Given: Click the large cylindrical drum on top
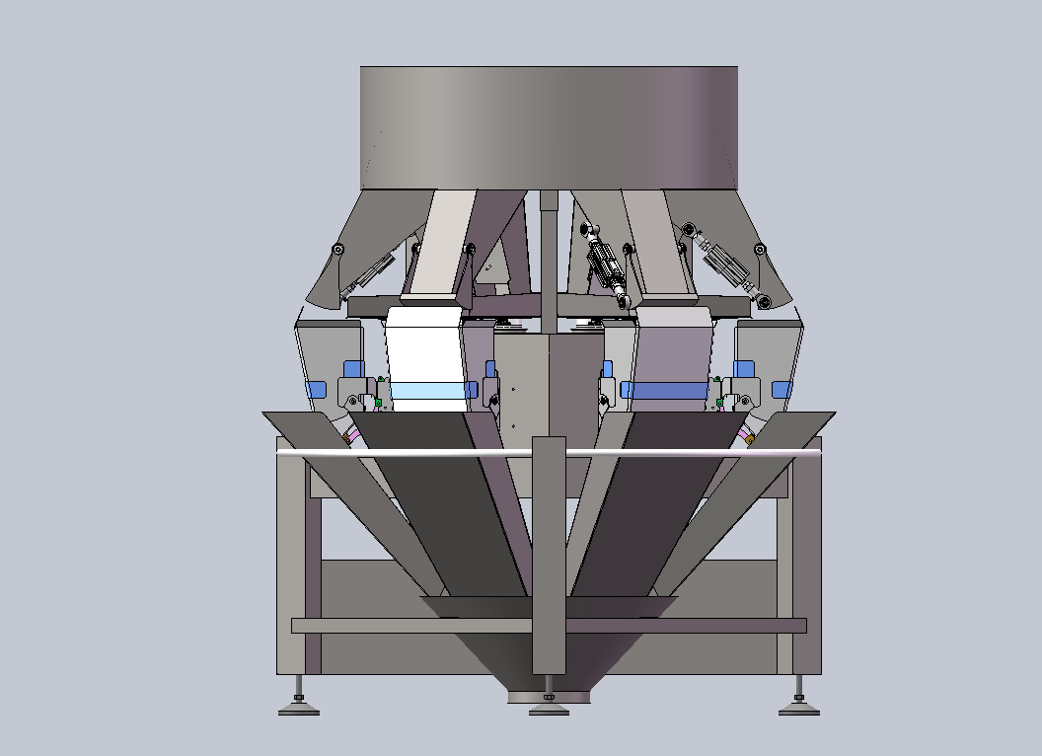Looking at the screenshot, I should coord(549,126).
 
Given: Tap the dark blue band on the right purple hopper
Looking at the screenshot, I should coord(669,391).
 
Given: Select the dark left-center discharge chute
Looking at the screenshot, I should coord(444,503).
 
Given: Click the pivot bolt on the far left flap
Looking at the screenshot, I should coord(338,250).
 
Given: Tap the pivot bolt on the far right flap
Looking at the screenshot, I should coord(760,250).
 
